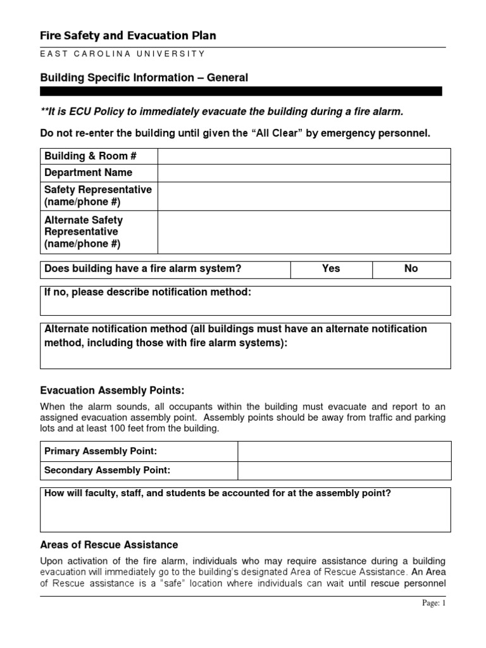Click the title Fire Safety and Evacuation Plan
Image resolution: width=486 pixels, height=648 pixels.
click(128, 36)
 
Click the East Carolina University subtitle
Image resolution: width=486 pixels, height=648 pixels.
click(123, 55)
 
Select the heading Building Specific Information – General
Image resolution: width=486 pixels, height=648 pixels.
click(144, 77)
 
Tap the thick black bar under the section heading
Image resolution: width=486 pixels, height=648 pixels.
click(240, 91)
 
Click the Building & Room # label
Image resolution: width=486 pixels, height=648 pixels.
click(90, 156)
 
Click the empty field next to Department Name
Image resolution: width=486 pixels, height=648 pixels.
click(304, 173)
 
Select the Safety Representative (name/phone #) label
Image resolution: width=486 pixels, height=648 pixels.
click(98, 196)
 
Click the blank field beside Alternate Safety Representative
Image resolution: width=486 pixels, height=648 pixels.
click(304, 232)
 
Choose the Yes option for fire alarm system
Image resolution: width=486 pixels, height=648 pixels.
click(331, 269)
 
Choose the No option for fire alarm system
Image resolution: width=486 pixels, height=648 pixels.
click(411, 269)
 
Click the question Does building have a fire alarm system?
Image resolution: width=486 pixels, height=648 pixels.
click(143, 269)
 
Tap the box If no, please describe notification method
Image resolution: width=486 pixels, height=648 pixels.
click(246, 301)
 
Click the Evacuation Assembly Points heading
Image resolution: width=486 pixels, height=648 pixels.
click(112, 390)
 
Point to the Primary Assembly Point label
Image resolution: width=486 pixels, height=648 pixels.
click(101, 451)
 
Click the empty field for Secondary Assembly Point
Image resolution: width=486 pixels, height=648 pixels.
click(344, 471)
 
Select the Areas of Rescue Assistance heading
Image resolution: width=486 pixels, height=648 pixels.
click(109, 545)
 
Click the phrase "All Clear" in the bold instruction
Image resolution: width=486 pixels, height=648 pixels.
click(274, 133)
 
